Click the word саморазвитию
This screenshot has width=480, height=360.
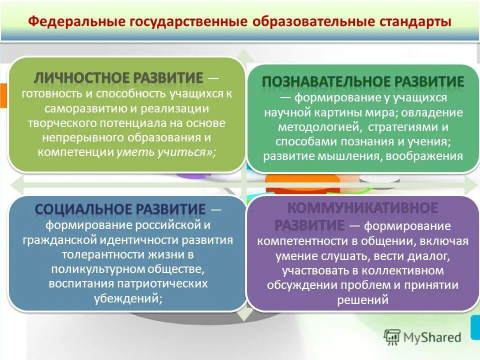pyautogui.click(x=84, y=108)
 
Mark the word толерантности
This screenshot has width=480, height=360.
pyautogui.click(x=98, y=255)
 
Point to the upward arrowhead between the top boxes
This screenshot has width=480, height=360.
pyautogui.click(x=241, y=53)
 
